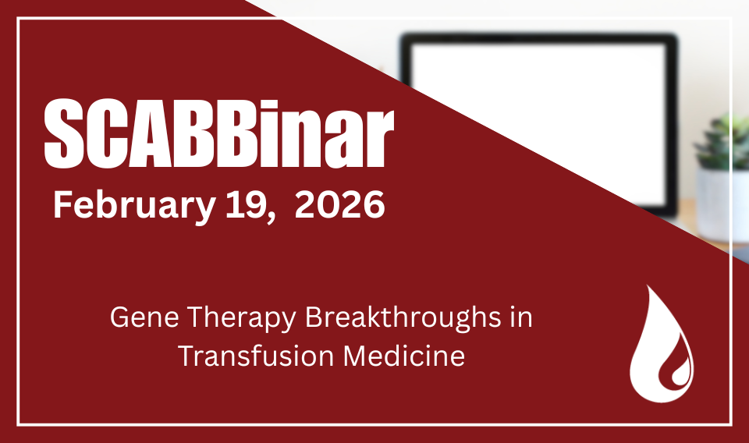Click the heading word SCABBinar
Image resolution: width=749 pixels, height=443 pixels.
click(x=219, y=133)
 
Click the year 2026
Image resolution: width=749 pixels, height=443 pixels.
click(x=339, y=204)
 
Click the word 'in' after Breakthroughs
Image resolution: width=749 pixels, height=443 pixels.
click(x=521, y=317)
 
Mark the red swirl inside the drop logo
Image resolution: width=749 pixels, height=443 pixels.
click(x=673, y=370)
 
